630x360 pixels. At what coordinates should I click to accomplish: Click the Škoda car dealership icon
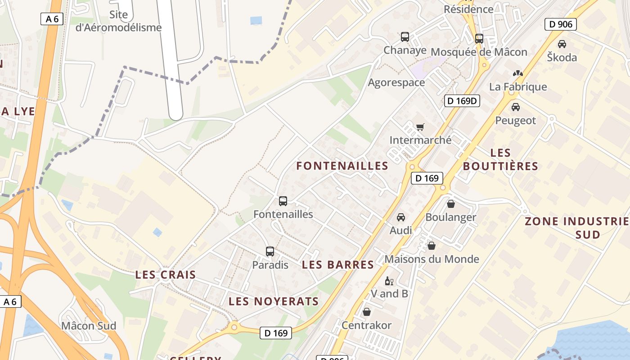point(562,44)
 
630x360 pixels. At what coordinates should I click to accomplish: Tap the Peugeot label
point(516,120)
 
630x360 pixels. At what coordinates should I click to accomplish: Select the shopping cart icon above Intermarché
point(420,127)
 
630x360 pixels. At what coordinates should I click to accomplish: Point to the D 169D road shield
point(462,101)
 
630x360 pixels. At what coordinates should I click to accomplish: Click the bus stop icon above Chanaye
point(405,37)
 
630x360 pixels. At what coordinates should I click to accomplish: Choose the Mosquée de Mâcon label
point(479,52)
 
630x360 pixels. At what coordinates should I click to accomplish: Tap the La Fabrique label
point(518,87)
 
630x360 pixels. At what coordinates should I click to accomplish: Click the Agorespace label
point(396,82)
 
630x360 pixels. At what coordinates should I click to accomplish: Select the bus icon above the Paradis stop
point(270,252)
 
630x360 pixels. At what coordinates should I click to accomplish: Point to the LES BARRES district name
point(338,265)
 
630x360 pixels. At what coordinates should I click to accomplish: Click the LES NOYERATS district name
point(274,301)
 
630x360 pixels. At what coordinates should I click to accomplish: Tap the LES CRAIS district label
point(166,274)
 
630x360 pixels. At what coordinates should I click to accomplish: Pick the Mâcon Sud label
point(89,325)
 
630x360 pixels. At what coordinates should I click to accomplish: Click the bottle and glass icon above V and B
point(389,281)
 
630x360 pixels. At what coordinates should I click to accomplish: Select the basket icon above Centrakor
point(367,312)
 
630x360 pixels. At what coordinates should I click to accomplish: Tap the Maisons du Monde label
point(432,259)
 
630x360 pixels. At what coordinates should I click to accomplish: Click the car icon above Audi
point(400,217)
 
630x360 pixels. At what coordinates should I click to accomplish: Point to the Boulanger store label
point(450,217)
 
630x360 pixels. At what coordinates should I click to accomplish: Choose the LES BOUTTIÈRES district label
point(500,159)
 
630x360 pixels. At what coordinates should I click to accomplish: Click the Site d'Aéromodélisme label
point(118,21)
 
